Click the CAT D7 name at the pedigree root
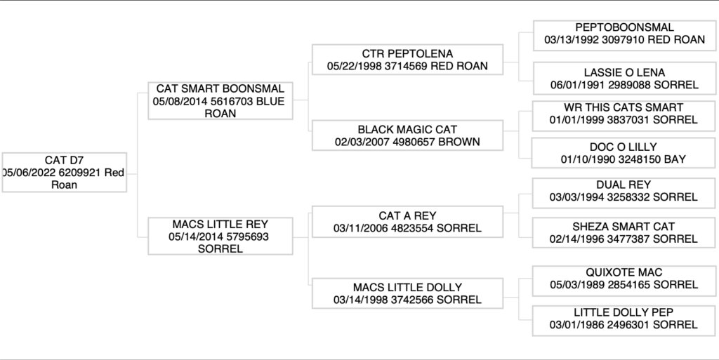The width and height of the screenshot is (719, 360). pyautogui.click(x=64, y=161)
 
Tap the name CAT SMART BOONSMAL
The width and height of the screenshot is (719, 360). pyautogui.click(x=220, y=89)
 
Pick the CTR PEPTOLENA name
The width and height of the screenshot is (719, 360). pyautogui.click(x=407, y=54)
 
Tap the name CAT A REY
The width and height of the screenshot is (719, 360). pyautogui.click(x=407, y=215)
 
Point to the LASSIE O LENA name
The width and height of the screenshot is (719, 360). pyautogui.click(x=624, y=72)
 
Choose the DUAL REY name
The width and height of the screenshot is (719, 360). pyautogui.click(x=624, y=185)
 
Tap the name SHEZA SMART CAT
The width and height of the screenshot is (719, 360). pyautogui.click(x=624, y=227)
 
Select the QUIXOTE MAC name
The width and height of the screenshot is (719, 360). pyautogui.click(x=624, y=272)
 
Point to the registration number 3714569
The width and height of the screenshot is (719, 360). pyautogui.click(x=403, y=66)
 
